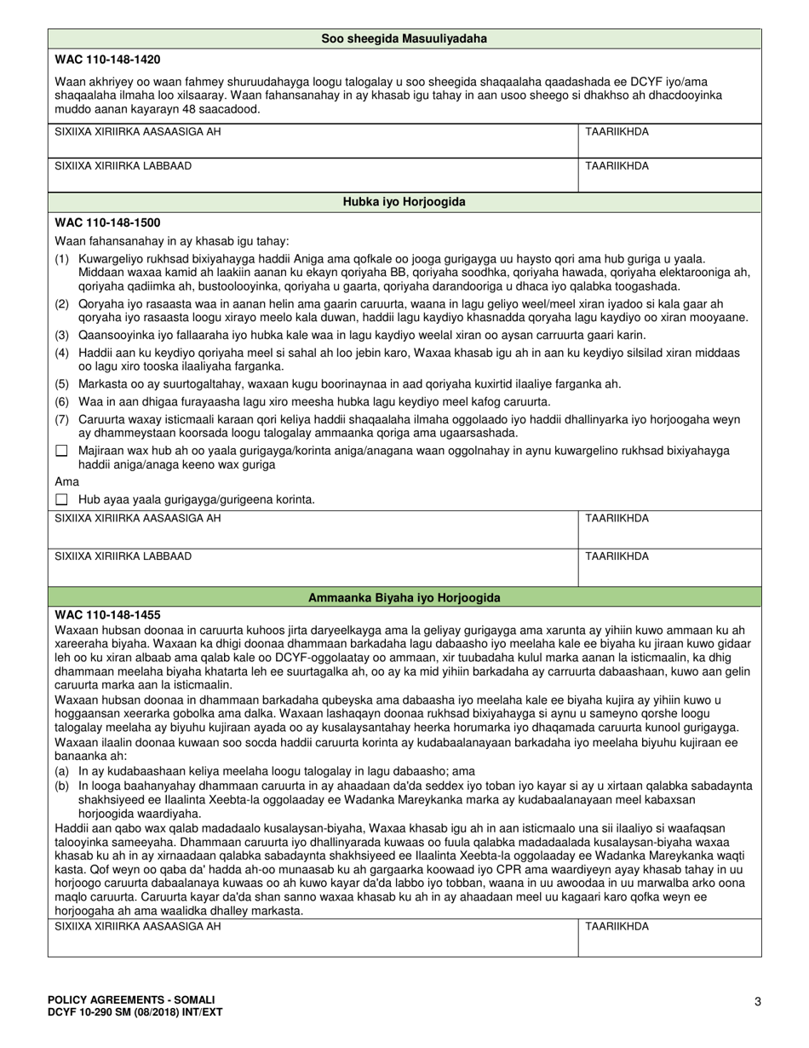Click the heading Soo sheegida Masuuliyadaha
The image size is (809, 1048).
[x=404, y=38]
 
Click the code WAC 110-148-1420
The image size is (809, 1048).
[x=107, y=60]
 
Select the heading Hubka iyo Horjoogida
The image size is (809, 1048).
[x=404, y=202]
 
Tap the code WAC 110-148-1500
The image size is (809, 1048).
[x=107, y=223]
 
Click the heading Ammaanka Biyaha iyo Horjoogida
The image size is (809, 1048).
[x=404, y=598]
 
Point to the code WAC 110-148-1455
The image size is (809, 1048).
[x=107, y=614]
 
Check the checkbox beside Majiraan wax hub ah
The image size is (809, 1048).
[x=61, y=451]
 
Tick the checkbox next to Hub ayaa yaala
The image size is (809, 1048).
[x=61, y=499]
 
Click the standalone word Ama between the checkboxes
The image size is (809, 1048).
[x=66, y=482]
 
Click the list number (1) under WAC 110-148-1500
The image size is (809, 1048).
[x=62, y=258]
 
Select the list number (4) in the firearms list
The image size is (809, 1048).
[x=62, y=353]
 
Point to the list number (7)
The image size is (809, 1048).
[x=62, y=419]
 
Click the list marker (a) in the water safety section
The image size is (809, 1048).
[x=62, y=772]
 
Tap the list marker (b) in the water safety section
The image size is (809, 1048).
[x=62, y=786]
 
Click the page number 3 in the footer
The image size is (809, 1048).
[x=757, y=1002]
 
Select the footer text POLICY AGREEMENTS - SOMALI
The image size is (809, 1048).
[x=131, y=999]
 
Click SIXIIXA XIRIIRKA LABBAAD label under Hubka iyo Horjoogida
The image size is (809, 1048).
[x=123, y=556]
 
